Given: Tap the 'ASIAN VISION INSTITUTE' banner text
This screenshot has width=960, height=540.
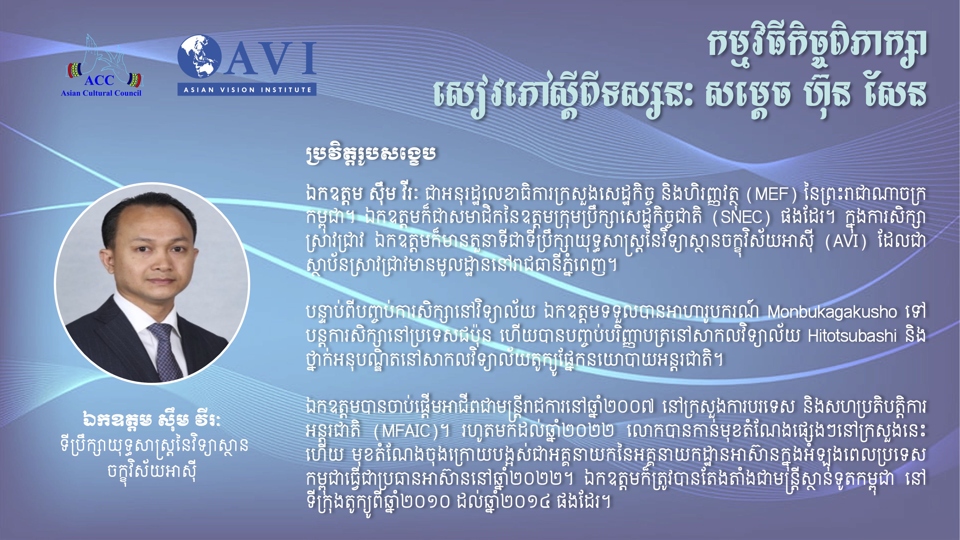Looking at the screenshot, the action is pos(247,90).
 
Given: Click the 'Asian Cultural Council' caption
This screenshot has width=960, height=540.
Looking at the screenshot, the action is pos(101,93).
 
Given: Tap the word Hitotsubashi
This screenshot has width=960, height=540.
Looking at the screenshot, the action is pos(852,336).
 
